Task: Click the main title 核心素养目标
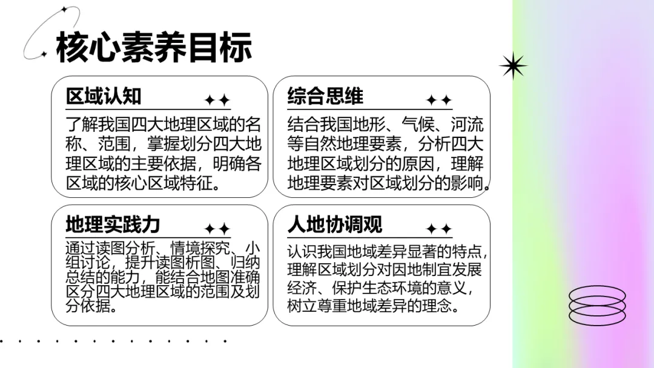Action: click(154, 47)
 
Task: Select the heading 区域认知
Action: click(104, 96)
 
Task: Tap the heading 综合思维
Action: click(325, 96)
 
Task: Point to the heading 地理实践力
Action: click(113, 225)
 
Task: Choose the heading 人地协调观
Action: click(335, 225)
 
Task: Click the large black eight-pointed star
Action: click(513, 65)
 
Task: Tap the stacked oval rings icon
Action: click(597, 306)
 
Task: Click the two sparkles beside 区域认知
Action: click(217, 100)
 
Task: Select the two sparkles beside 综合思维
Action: click(438, 100)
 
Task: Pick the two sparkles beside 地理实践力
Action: click(217, 229)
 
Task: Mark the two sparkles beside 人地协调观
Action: click(438, 229)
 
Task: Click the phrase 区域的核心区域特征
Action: click(142, 183)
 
